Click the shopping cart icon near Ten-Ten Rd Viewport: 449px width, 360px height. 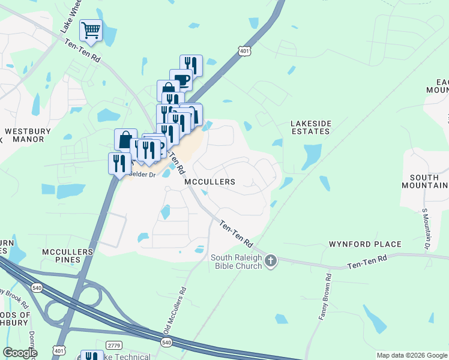[x=91, y=29]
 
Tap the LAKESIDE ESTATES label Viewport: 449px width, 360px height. [x=311, y=128]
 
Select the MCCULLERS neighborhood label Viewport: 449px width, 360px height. [x=209, y=181]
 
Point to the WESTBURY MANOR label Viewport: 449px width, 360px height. [x=25, y=135]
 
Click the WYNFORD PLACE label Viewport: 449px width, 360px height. [x=365, y=244]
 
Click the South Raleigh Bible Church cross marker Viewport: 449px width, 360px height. [x=271, y=260]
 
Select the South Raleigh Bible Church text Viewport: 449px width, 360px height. [x=236, y=262]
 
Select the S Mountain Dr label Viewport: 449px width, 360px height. [x=427, y=227]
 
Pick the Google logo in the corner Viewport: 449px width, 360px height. [x=19, y=353]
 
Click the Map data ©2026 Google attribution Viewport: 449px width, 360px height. [x=412, y=355]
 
